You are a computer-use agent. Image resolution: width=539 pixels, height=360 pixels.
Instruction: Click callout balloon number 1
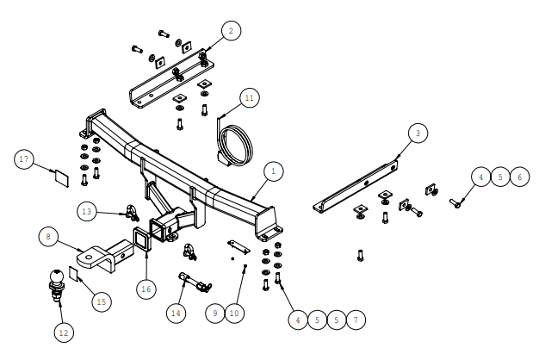(274, 171)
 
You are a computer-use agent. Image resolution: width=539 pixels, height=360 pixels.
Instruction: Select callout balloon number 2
(231, 31)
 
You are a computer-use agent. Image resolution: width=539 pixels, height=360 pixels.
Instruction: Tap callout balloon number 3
(418, 133)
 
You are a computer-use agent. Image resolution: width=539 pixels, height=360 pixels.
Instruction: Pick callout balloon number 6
(519, 177)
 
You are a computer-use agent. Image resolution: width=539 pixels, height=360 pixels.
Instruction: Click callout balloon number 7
(356, 320)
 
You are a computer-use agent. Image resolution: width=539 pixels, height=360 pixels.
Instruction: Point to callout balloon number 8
(48, 237)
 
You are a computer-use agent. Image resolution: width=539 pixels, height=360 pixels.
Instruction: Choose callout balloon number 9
(215, 313)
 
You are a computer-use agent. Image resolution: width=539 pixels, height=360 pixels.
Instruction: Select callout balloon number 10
(234, 313)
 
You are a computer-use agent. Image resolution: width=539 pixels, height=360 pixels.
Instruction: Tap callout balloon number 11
(249, 98)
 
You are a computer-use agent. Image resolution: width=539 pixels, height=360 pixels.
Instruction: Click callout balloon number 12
(64, 332)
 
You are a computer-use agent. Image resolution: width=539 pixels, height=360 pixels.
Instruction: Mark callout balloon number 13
(87, 211)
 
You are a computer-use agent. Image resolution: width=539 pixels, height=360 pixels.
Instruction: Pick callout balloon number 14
(176, 313)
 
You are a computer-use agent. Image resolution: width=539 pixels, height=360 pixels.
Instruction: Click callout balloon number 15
(102, 302)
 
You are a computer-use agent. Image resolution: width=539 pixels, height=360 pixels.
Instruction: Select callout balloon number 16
(146, 289)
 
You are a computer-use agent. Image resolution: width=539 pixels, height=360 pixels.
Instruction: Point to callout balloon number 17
(24, 159)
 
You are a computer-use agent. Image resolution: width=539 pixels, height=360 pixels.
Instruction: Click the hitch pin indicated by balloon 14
(195, 282)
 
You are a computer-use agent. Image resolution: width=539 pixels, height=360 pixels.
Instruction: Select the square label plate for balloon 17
(62, 178)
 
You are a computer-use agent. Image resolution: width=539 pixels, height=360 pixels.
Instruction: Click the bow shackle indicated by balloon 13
(132, 214)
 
